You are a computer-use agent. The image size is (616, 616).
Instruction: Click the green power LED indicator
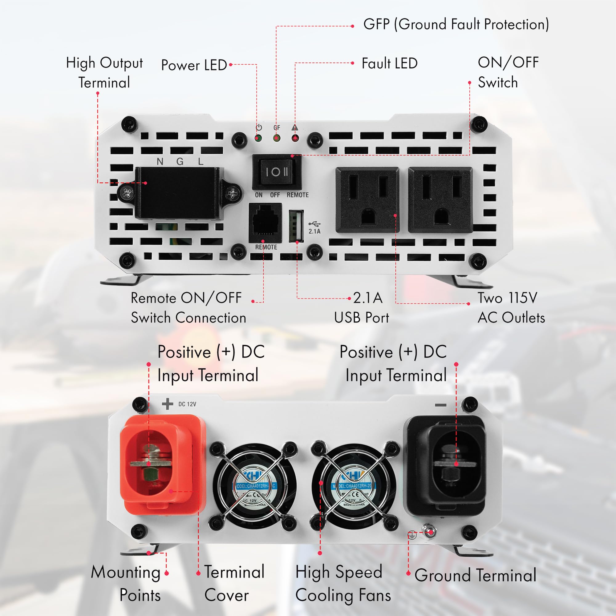(x=258, y=139)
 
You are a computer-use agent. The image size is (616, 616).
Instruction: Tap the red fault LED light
(x=295, y=139)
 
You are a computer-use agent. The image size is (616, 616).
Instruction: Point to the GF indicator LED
(x=277, y=139)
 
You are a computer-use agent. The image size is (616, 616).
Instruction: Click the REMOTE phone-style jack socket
(x=265, y=223)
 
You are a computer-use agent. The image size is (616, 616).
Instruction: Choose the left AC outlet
(x=367, y=200)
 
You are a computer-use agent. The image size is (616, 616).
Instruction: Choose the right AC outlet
(x=440, y=200)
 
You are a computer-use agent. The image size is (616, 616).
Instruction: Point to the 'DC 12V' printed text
(x=187, y=404)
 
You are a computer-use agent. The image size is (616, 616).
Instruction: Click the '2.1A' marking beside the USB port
(x=314, y=232)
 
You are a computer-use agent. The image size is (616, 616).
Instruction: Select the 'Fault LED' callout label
(x=389, y=63)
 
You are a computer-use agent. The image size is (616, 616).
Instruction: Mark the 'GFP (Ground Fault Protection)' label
(x=456, y=25)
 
